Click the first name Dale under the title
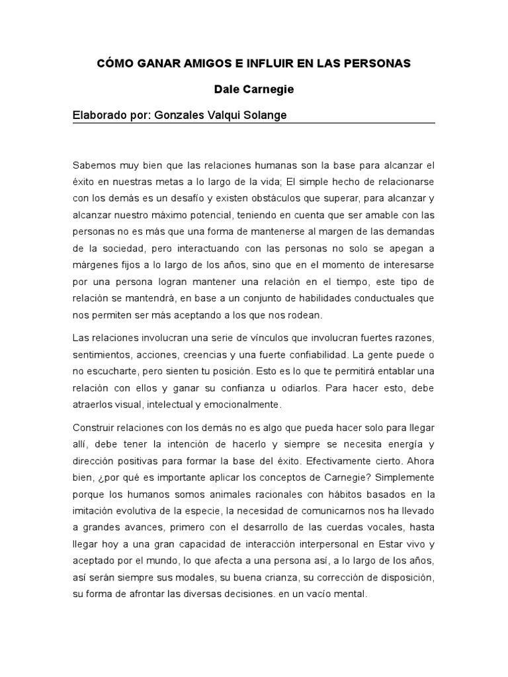tap(227, 88)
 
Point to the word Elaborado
tap(99, 115)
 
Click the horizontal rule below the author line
tap(253, 124)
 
